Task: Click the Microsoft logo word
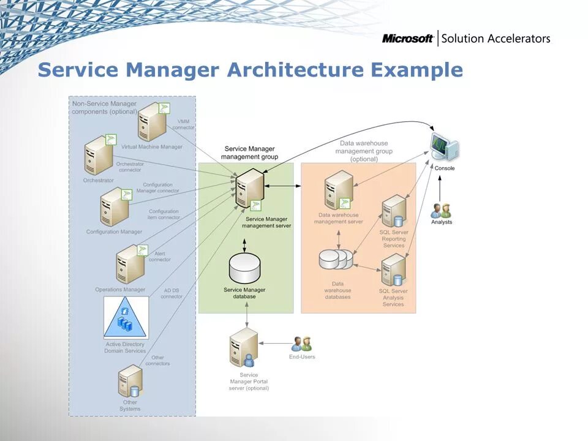click(408, 39)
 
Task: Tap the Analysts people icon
click(441, 210)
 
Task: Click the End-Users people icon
click(302, 344)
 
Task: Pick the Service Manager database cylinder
click(244, 268)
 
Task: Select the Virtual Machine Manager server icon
click(151, 123)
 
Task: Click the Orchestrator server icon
click(99, 156)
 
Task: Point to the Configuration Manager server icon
click(115, 208)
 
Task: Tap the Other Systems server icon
click(130, 381)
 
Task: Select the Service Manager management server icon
click(250, 189)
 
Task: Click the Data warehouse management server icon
click(339, 190)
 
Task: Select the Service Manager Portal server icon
click(244, 349)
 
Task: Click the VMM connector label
click(185, 124)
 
